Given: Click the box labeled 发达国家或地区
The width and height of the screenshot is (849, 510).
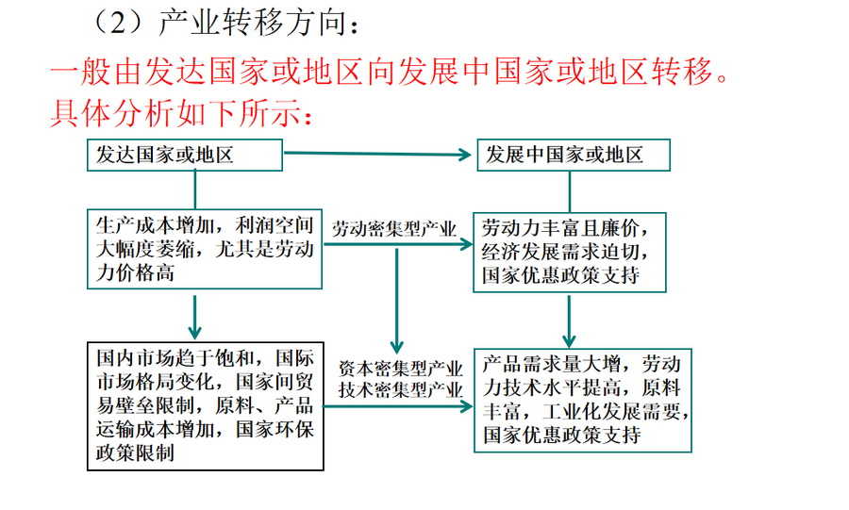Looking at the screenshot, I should click(184, 156).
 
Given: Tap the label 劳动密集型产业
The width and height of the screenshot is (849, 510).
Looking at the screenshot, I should click(393, 228).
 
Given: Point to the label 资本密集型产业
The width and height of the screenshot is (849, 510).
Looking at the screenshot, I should click(400, 368).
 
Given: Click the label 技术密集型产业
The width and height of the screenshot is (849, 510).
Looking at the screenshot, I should click(400, 388).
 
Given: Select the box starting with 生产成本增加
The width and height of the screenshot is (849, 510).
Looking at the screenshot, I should click(205, 248).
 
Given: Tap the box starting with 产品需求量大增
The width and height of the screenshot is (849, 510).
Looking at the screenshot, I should click(582, 400).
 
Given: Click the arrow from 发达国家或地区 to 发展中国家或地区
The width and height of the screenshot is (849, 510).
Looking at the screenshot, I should click(377, 154).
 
